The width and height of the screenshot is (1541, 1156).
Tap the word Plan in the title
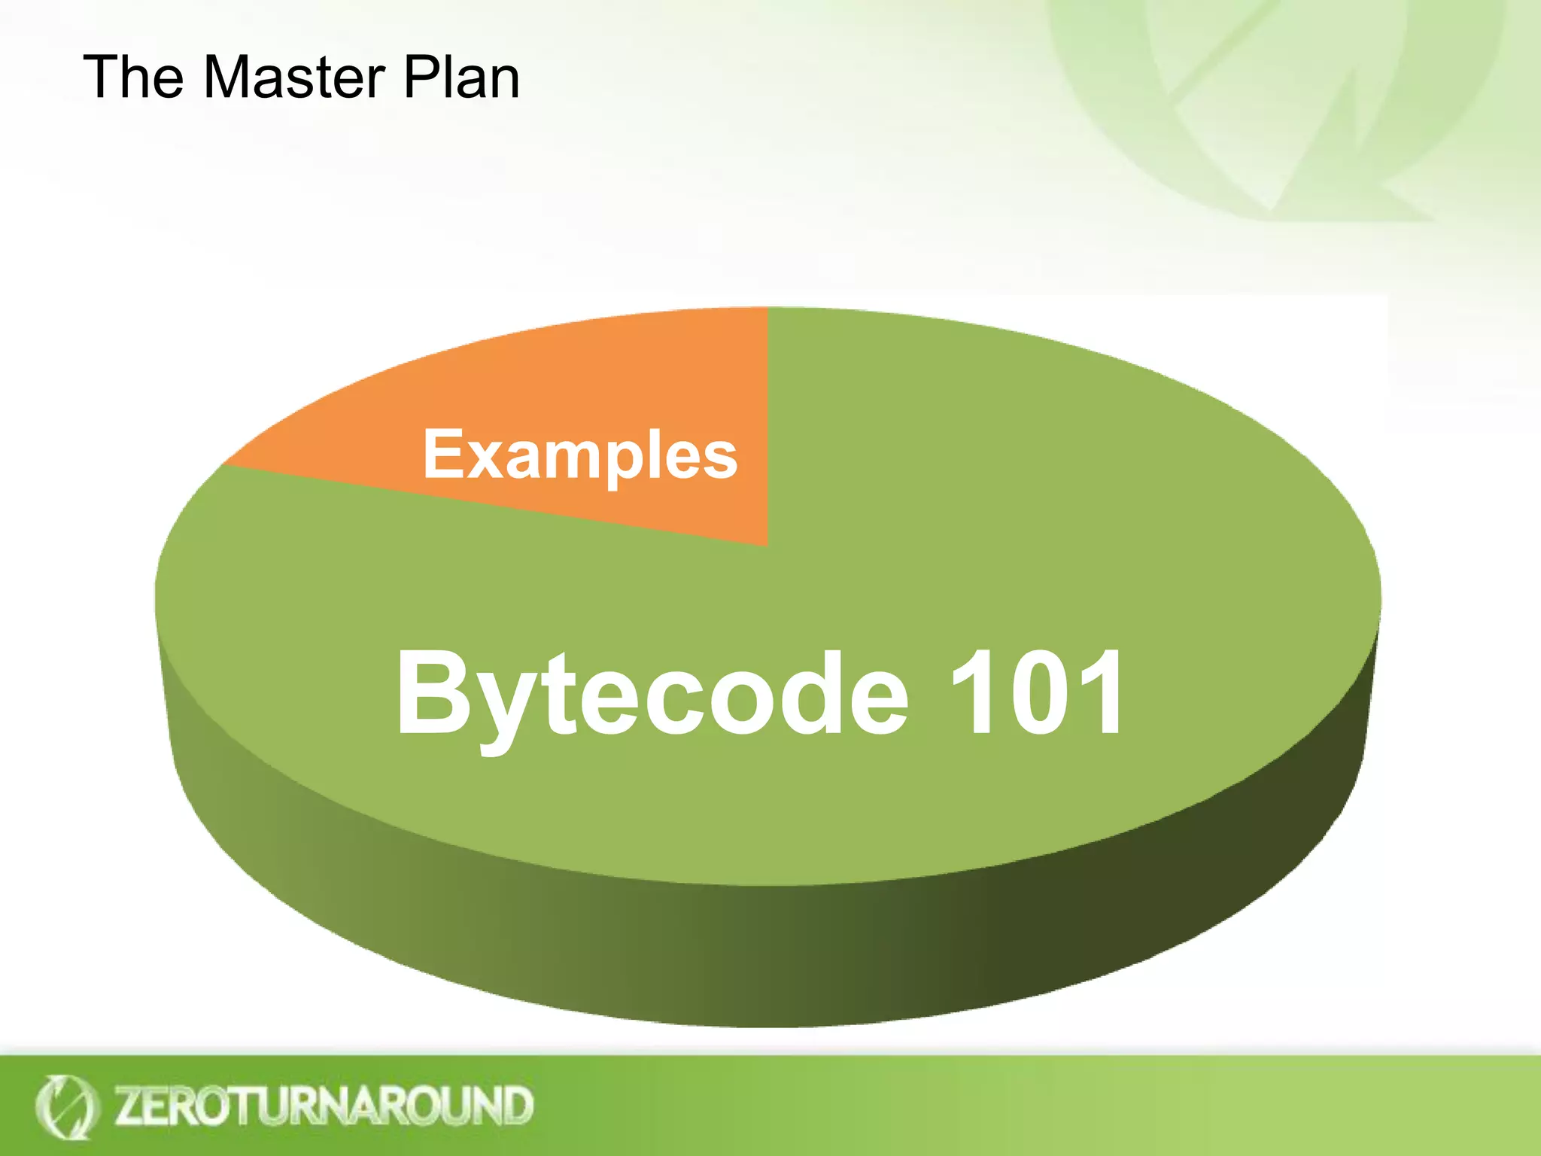point(461,78)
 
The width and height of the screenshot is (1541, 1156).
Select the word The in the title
point(133,78)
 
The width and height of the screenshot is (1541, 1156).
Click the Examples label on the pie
point(579,455)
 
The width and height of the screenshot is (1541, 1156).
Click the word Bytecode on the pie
point(652,694)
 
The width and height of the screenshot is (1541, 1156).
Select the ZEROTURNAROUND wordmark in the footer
point(324,1105)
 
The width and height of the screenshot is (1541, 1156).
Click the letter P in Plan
point(421,78)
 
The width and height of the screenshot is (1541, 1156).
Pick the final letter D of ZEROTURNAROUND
point(518,1105)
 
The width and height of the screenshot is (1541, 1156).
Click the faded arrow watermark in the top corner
point(1279,105)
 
